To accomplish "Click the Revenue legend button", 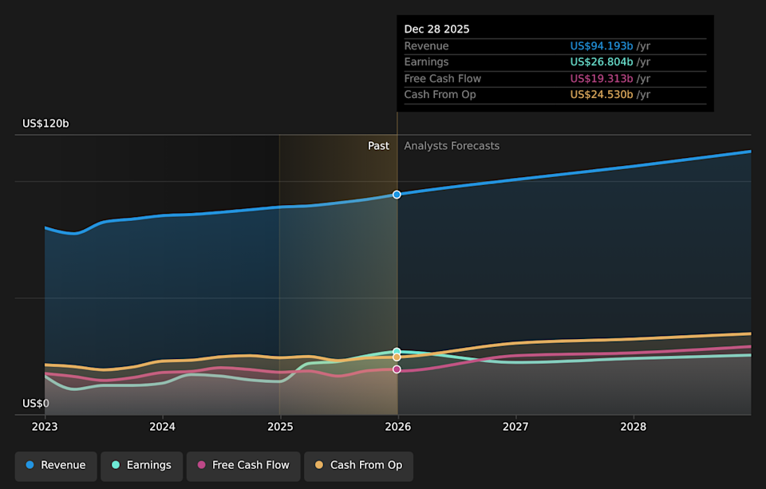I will (56, 465).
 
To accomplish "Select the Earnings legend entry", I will (141, 465).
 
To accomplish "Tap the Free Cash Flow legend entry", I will (243, 465).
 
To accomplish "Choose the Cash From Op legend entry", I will (358, 465).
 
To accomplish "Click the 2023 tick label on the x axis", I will (45, 428).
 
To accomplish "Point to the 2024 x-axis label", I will (162, 428).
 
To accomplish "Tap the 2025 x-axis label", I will (280, 428).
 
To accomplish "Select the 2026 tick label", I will (397, 428).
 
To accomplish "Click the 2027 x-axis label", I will (515, 428).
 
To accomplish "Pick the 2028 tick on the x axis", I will (634, 428).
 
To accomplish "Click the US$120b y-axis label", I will (45, 124).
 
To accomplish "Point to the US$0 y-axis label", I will (35, 404).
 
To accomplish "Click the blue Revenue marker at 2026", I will (397, 195).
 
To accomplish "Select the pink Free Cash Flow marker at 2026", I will (397, 369).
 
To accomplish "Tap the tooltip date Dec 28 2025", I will (436, 29).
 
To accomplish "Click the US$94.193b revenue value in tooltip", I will (602, 46).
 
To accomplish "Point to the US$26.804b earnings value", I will (602, 62).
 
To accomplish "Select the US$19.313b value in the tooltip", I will (602, 78).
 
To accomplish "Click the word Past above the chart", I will (378, 146).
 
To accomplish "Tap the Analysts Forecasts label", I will (452, 146).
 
